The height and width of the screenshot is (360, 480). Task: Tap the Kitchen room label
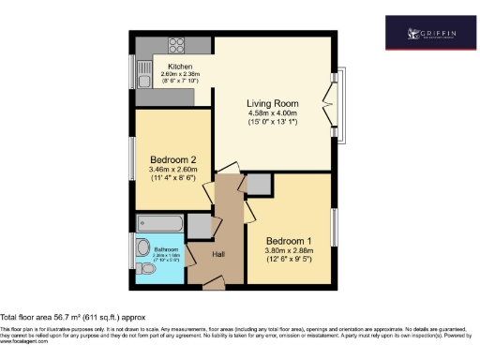[x=181, y=67]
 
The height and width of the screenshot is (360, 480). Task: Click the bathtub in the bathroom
[x=159, y=223]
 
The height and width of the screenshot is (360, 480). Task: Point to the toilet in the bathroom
[x=143, y=247]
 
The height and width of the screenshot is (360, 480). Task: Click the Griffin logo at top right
[x=432, y=36]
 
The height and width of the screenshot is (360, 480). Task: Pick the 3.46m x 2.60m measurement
[x=172, y=170]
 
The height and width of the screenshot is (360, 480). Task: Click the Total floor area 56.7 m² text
[x=73, y=318]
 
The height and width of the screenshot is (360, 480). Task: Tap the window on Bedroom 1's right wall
[x=335, y=230]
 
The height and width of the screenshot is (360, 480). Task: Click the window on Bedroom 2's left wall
[x=131, y=159]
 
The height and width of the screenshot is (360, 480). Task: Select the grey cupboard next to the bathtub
[x=199, y=225]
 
